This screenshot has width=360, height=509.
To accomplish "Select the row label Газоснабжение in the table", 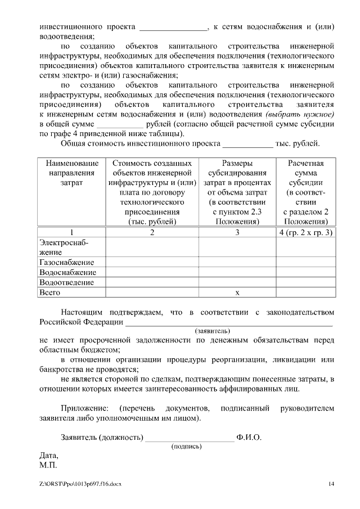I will (66, 262).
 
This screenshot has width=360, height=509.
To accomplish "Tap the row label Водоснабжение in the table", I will (66, 272).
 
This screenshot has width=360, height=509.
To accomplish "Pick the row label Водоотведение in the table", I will (66, 282).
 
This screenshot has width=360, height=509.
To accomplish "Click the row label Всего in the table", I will (49, 292).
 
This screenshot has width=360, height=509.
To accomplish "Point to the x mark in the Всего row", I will (237, 292).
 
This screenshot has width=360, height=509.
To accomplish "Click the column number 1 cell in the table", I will (71, 232).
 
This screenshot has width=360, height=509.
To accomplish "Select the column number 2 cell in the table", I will (152, 232).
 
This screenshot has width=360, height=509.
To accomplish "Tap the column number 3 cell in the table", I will (237, 232).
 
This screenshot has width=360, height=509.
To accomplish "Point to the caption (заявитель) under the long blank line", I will (212, 331).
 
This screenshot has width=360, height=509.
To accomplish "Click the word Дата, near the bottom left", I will (48, 456).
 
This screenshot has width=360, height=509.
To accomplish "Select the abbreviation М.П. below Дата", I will (48, 465).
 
